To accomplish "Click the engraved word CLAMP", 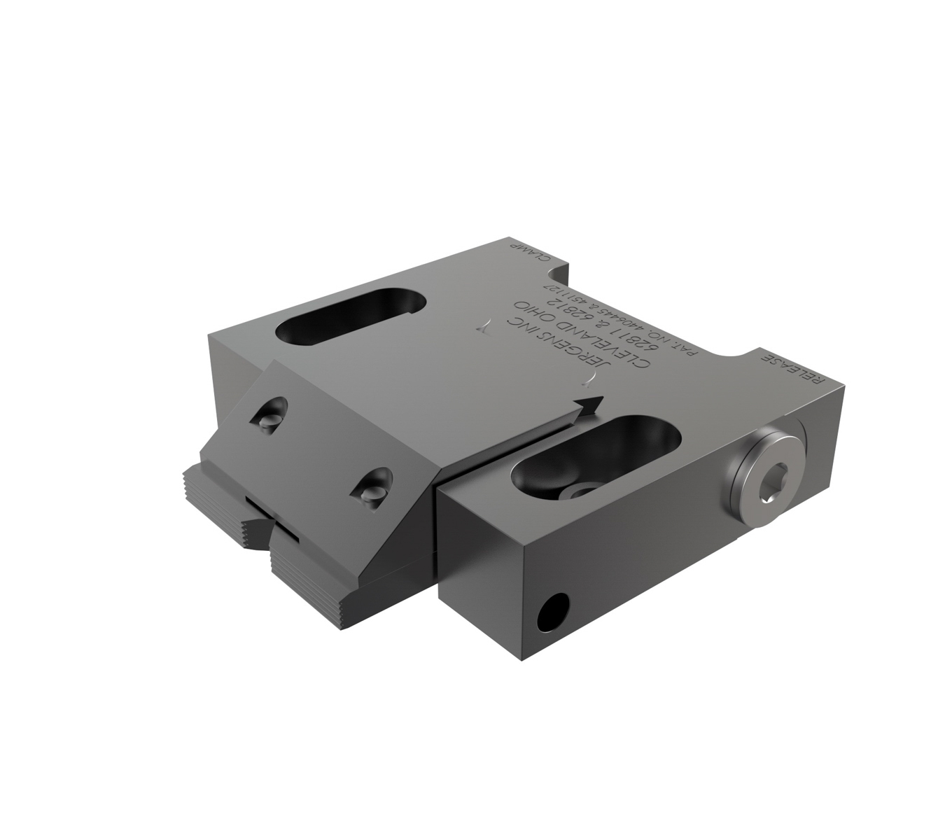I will point(531,255).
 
